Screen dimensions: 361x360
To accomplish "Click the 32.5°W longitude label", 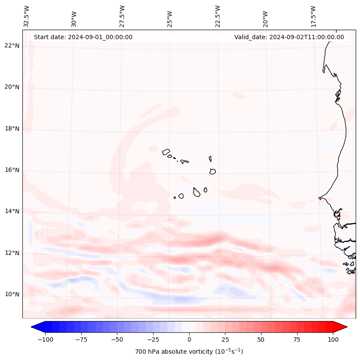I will pos(27,16).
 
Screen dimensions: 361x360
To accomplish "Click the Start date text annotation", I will pos(83,37).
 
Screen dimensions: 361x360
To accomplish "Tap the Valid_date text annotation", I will pos(289,37).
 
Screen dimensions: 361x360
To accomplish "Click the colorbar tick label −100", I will pos(44,339).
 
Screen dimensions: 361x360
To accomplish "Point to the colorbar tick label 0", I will pos(189,339).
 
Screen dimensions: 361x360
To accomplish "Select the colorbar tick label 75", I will pos(297,339).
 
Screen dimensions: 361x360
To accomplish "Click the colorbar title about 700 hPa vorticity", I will pos(189,352).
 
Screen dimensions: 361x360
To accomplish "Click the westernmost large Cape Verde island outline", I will pos(166,151).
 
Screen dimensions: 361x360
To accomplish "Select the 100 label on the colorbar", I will pos(333,339).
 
